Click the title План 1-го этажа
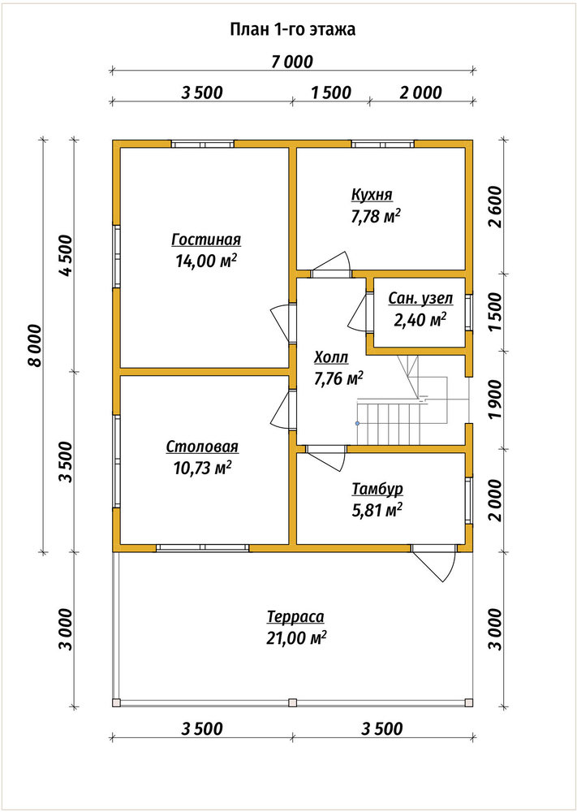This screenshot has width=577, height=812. click(x=292, y=30)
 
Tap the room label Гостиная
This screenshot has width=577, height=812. click(x=206, y=240)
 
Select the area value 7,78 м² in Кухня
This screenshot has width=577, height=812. click(x=377, y=216)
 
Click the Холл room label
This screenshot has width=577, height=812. click(x=331, y=358)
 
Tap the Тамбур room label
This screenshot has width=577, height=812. click(x=377, y=489)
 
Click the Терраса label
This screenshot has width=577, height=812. click(x=295, y=617)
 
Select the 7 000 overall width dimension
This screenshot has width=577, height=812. click(x=292, y=63)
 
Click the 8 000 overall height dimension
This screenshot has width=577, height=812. click(x=35, y=346)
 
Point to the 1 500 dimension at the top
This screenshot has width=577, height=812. click(x=331, y=93)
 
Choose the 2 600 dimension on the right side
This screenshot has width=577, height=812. click(x=495, y=206)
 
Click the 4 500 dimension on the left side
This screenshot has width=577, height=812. click(x=67, y=255)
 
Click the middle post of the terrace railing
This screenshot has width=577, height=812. click(x=292, y=702)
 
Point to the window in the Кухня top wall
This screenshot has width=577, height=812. click(x=383, y=144)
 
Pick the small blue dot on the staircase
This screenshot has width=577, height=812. click(x=357, y=424)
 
